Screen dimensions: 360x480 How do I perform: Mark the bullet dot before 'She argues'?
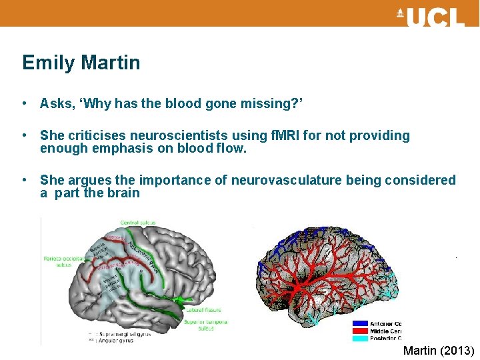25,181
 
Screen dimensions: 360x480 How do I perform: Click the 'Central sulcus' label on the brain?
139,222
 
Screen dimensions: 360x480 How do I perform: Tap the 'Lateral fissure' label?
203,310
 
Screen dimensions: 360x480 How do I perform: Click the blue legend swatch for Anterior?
359,324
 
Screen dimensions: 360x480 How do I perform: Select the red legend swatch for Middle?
359,331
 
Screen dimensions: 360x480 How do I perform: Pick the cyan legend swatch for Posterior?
359,338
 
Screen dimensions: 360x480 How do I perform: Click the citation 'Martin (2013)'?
438,351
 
